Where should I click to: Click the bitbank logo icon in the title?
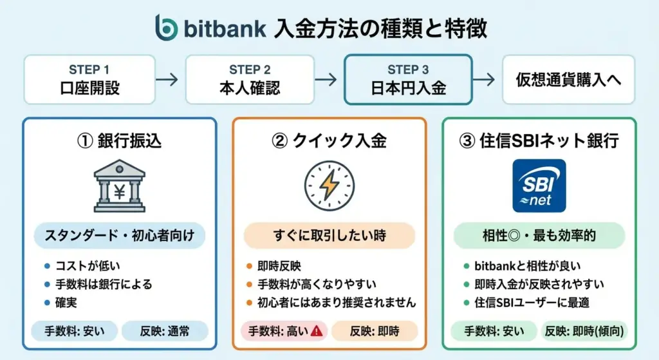167,28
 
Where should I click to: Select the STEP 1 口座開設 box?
89,79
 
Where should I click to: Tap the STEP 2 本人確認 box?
250,79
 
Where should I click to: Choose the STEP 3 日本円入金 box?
408,79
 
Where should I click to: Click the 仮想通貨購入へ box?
568,79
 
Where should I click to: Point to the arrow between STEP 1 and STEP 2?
167,79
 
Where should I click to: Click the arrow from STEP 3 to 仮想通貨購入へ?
484,79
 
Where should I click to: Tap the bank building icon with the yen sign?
119,185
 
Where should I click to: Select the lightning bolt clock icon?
329,185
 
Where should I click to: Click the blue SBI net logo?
539,185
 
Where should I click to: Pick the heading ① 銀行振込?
119,140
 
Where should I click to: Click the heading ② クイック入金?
329,140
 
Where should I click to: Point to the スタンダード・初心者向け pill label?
119,236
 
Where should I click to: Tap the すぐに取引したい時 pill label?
329,236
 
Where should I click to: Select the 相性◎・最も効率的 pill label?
539,236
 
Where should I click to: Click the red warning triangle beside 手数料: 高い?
317,331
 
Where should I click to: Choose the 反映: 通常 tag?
165,332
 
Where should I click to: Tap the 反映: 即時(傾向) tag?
584,332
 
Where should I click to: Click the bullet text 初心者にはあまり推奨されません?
337,303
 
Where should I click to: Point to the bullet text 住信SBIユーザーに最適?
532,303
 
